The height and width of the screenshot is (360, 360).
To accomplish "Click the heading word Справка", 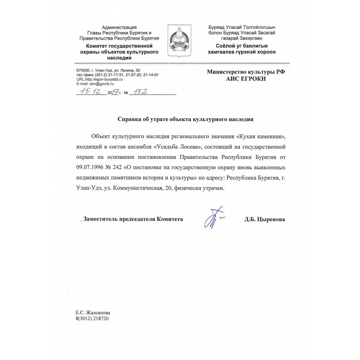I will point(130,120).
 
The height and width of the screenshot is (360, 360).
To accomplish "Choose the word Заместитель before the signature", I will point(104,219).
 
